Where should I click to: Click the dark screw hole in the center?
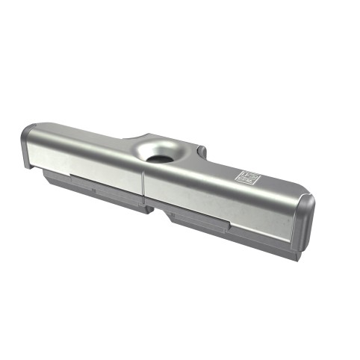[159, 158]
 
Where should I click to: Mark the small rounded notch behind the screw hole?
[200, 152]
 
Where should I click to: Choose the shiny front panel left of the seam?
[86, 164]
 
